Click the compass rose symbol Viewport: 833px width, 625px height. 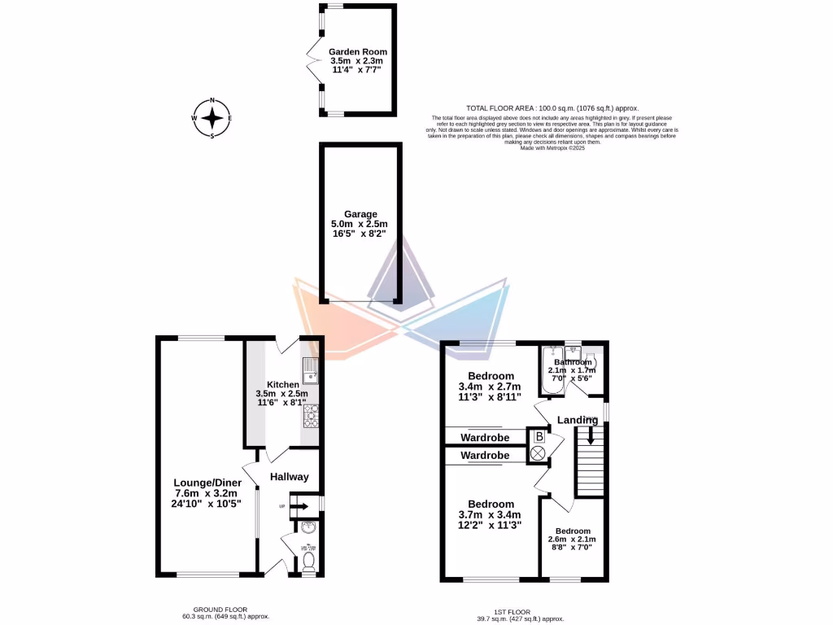coord(212,118)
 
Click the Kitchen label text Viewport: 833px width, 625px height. coord(284,383)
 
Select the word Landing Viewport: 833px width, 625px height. coord(578,420)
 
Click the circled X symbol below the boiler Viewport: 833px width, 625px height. coord(538,454)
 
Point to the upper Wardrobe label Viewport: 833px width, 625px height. coord(485,438)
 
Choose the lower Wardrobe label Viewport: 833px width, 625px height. coord(485,456)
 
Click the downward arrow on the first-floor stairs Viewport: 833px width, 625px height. coord(591,440)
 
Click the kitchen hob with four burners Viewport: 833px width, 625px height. coord(312,417)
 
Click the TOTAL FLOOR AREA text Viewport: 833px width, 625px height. coord(552,108)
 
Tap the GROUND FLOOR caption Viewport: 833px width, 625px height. coord(220,610)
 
